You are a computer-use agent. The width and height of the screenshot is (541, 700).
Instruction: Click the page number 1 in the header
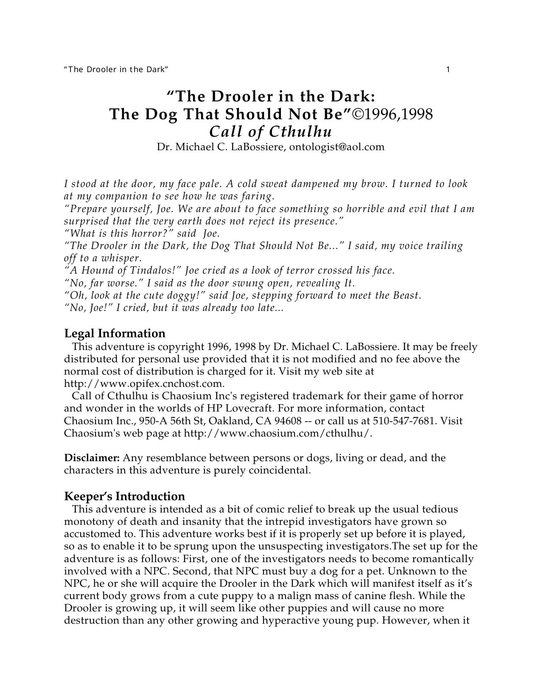[x=448, y=70]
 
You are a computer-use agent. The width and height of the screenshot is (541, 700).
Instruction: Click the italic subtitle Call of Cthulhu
[x=270, y=132]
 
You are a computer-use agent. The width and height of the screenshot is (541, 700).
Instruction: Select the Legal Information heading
[x=115, y=333]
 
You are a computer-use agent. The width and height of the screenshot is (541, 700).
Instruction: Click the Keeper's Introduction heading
[x=124, y=496]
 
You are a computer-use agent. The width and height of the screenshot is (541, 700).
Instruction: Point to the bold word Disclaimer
[x=92, y=458]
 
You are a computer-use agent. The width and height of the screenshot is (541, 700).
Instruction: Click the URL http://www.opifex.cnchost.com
[x=143, y=384]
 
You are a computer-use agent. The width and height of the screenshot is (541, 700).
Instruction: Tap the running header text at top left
[x=116, y=70]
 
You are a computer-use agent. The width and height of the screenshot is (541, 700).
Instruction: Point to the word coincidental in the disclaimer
[x=279, y=470]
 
